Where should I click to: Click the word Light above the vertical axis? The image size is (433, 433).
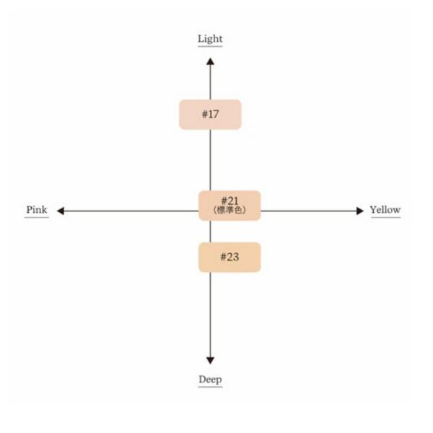[x=210, y=39]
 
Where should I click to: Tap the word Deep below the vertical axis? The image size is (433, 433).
[x=210, y=380]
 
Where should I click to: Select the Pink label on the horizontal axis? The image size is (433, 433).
[x=37, y=209]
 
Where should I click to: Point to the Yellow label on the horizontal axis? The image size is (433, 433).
[x=385, y=209]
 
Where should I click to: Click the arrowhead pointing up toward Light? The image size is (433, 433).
[x=210, y=61]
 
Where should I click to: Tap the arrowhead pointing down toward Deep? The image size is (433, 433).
[x=210, y=360]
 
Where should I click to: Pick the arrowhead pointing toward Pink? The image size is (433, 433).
[x=61, y=211]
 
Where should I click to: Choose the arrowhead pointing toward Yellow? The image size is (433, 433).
[x=360, y=211]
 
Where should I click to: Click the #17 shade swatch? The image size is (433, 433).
[x=210, y=114]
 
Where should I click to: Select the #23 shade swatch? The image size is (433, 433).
[x=229, y=257]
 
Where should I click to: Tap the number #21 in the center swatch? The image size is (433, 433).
[x=229, y=201]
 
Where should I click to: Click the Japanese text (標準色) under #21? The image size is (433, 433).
[x=229, y=210]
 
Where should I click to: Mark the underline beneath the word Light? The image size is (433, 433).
[x=210, y=46]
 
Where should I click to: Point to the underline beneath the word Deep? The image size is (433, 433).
[x=210, y=387]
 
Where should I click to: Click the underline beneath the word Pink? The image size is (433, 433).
[x=37, y=217]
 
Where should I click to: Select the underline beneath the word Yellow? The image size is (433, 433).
[x=386, y=217]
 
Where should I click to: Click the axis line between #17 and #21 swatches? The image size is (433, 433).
[x=211, y=160]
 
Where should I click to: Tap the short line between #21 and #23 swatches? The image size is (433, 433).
[x=211, y=232]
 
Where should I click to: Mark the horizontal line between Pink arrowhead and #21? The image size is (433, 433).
[x=131, y=211]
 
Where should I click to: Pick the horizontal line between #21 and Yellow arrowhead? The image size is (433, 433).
[x=308, y=211]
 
